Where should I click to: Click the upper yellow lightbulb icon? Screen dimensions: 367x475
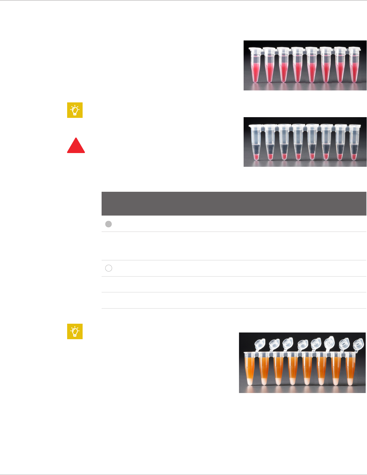[75, 110]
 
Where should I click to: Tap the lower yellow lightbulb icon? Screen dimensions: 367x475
[75, 331]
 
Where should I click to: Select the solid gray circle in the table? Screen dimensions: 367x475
[109, 224]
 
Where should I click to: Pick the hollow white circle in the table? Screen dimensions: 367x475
[109, 268]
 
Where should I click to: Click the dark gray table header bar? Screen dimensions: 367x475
[234, 203]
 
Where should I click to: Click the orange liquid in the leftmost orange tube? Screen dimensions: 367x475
[250, 366]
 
